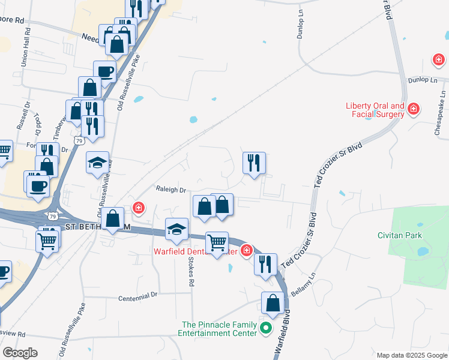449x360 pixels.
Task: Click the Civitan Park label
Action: (x=400, y=235)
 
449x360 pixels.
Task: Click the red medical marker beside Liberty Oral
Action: (x=413, y=109)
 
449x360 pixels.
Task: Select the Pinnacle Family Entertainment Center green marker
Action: (x=267, y=328)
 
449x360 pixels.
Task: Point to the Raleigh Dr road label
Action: (x=171, y=190)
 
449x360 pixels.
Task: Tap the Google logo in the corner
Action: (x=20, y=352)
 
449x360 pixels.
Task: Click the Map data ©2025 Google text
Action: (x=411, y=355)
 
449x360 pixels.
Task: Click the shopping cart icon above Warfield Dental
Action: (x=217, y=242)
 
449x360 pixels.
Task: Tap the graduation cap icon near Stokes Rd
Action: (x=176, y=229)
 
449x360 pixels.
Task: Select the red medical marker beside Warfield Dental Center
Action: (x=246, y=251)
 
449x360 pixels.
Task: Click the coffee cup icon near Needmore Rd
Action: (x=104, y=71)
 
